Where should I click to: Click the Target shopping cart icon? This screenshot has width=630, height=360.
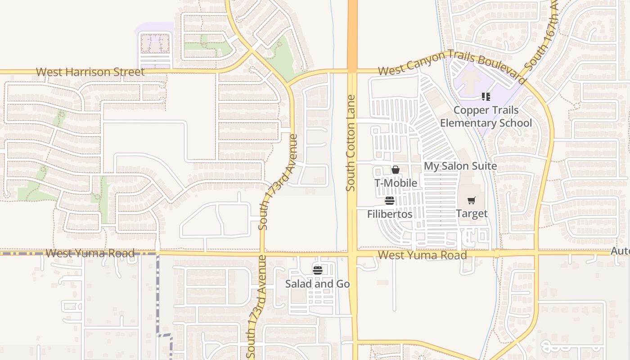coord(471,201)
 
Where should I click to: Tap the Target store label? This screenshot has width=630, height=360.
coord(472,213)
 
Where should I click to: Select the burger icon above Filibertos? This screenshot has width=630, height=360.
coord(390,201)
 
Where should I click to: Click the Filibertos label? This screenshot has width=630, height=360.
coord(390,214)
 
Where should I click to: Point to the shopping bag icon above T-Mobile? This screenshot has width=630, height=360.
coord(396,170)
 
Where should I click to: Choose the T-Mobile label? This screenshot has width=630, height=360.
coord(396,183)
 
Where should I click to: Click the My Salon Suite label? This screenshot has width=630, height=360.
coord(460,166)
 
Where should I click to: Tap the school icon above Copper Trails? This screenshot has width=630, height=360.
coord(486,97)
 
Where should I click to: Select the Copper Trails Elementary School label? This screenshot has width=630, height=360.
coord(486,117)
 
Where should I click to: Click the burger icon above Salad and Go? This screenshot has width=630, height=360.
coord(318,270)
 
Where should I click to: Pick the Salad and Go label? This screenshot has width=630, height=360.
coord(318,284)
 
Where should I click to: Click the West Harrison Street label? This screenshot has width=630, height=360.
coord(90,72)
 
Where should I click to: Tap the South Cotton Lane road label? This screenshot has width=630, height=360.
coord(351,143)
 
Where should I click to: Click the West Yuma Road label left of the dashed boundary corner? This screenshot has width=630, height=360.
coord(90,253)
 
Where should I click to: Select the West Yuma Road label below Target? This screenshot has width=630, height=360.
coord(422,255)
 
